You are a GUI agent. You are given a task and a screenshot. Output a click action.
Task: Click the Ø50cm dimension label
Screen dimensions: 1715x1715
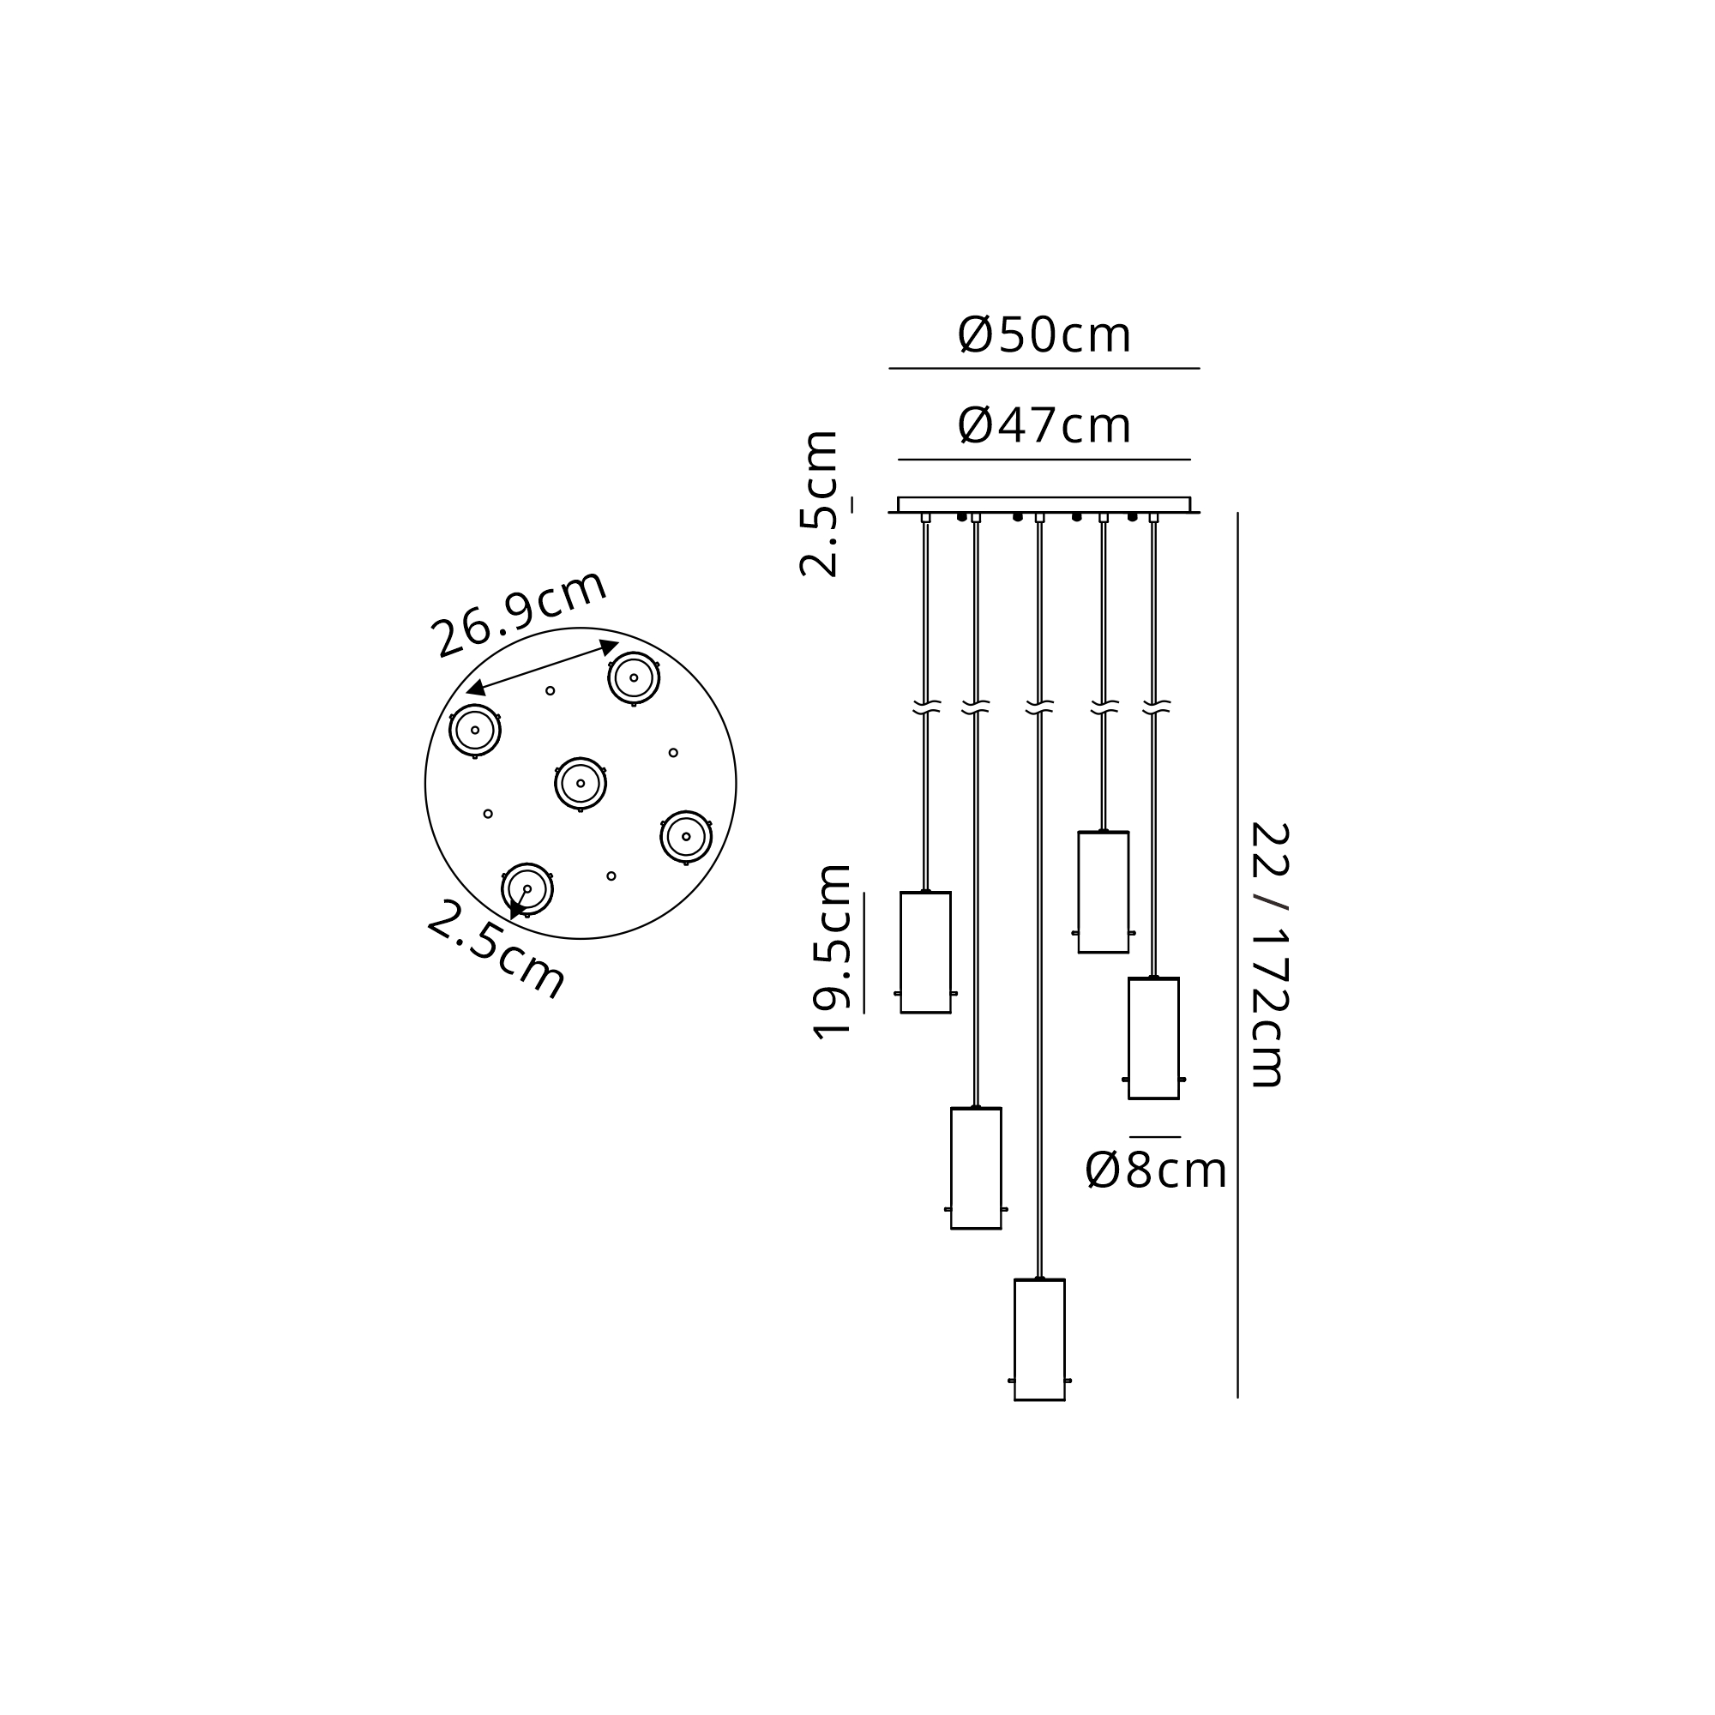coord(1044,334)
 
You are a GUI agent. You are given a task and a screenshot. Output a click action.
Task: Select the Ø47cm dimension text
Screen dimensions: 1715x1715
coord(1044,425)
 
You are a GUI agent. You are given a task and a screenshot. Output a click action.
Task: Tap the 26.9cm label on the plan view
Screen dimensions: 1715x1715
coord(519,612)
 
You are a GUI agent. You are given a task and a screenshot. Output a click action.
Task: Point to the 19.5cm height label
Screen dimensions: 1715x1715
coord(833,951)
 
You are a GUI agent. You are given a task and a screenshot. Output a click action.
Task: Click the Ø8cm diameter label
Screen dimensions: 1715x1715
coord(1156,1170)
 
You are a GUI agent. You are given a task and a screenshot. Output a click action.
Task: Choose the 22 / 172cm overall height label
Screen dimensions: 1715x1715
coord(1268,954)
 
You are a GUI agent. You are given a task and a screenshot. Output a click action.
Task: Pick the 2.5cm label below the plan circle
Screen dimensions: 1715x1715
coord(496,949)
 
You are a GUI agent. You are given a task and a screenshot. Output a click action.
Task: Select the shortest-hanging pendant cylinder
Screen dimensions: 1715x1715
coord(1104,891)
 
